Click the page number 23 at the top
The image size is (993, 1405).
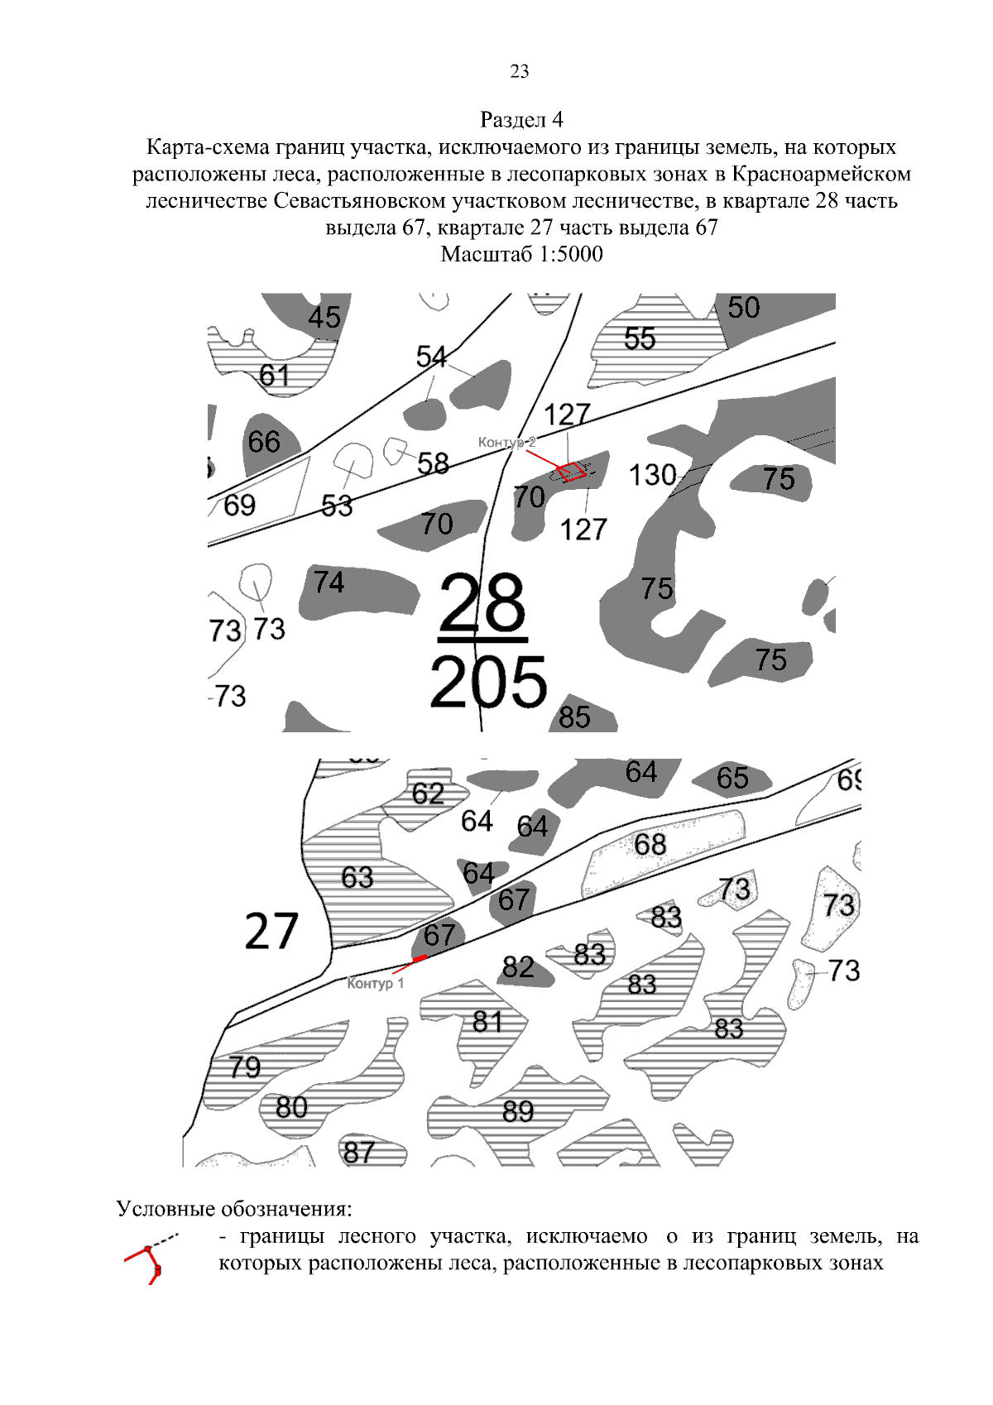coord(520,71)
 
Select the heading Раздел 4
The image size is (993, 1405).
coord(521,120)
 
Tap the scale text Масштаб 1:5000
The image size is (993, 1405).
coord(521,254)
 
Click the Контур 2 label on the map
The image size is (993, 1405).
coord(506,443)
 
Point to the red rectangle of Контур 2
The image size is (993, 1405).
coord(571,472)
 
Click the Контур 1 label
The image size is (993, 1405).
coord(376,983)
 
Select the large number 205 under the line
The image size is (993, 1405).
coord(488,683)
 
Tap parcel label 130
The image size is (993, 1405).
coord(652,476)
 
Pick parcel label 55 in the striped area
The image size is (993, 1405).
coord(640,338)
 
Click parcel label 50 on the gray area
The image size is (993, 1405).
coord(743,308)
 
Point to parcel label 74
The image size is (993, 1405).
coord(329,583)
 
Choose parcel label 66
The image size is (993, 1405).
coord(264,441)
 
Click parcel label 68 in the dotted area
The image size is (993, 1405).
coord(650,844)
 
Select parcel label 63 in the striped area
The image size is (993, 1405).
coord(357,877)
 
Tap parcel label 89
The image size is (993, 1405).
coord(518,1111)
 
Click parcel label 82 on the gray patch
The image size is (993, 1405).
coord(518,966)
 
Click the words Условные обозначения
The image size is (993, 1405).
coord(234,1209)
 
